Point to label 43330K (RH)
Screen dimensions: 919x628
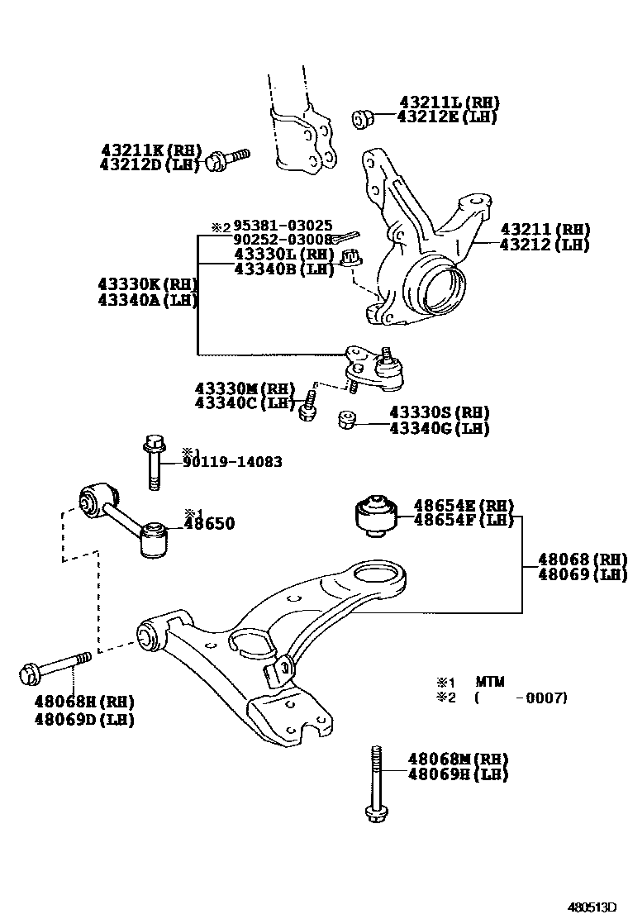[148, 284]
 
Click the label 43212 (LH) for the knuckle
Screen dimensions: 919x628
[549, 245]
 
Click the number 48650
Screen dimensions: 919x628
[209, 524]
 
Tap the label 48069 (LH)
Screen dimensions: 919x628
[582, 575]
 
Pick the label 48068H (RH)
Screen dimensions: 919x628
[84, 702]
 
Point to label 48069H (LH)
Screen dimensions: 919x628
[458, 774]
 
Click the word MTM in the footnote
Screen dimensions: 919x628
[489, 683]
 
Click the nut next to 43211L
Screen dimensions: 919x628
[362, 118]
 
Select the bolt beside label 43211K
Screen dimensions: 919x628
[226, 158]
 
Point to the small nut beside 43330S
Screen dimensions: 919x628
[348, 421]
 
